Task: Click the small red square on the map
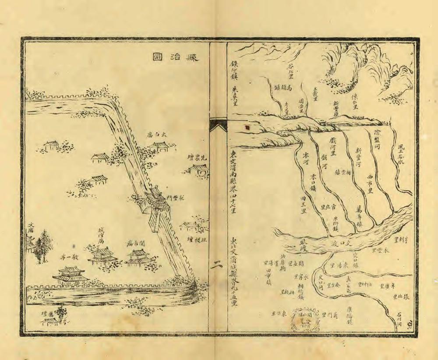click(248, 127)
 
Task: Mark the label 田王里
click(303, 205)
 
